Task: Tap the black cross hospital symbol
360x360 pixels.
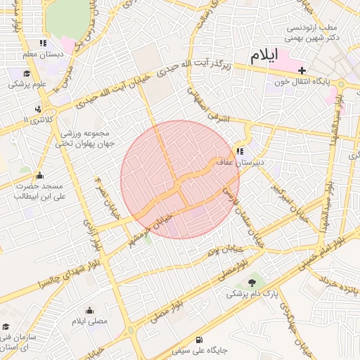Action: tap(302, 70)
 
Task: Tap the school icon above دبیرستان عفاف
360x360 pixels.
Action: tap(240, 150)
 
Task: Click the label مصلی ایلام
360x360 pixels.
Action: tap(89, 321)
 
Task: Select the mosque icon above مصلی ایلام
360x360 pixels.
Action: tap(89, 310)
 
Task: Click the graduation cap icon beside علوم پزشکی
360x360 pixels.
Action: tap(27, 74)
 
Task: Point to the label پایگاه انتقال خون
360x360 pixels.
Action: tap(303, 82)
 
